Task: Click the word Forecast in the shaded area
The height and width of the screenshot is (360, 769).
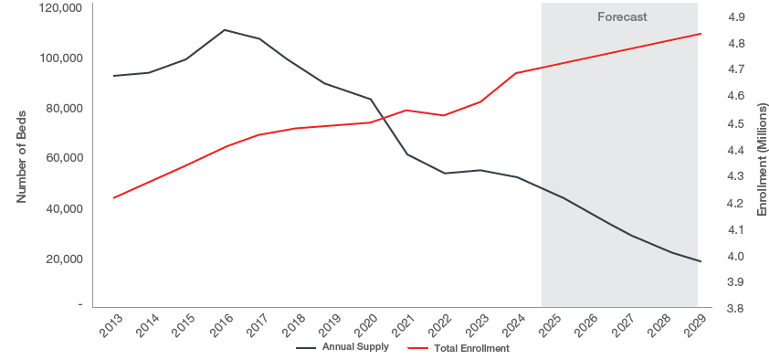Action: [622, 16]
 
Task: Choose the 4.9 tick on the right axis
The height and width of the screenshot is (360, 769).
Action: [735, 16]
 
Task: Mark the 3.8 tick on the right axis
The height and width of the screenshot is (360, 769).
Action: [735, 309]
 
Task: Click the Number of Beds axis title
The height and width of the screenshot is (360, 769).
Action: [21, 155]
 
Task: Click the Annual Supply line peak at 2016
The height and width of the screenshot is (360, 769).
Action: [224, 30]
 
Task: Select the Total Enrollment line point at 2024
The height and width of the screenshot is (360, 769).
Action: [517, 73]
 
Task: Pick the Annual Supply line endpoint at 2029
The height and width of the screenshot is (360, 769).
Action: [698, 262]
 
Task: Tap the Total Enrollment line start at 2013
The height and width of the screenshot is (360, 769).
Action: [113, 197]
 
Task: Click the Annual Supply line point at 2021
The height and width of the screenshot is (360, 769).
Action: [407, 154]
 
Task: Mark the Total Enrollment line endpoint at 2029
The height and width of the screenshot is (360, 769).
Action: [698, 34]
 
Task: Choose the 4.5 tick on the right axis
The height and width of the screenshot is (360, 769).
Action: [735, 122]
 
